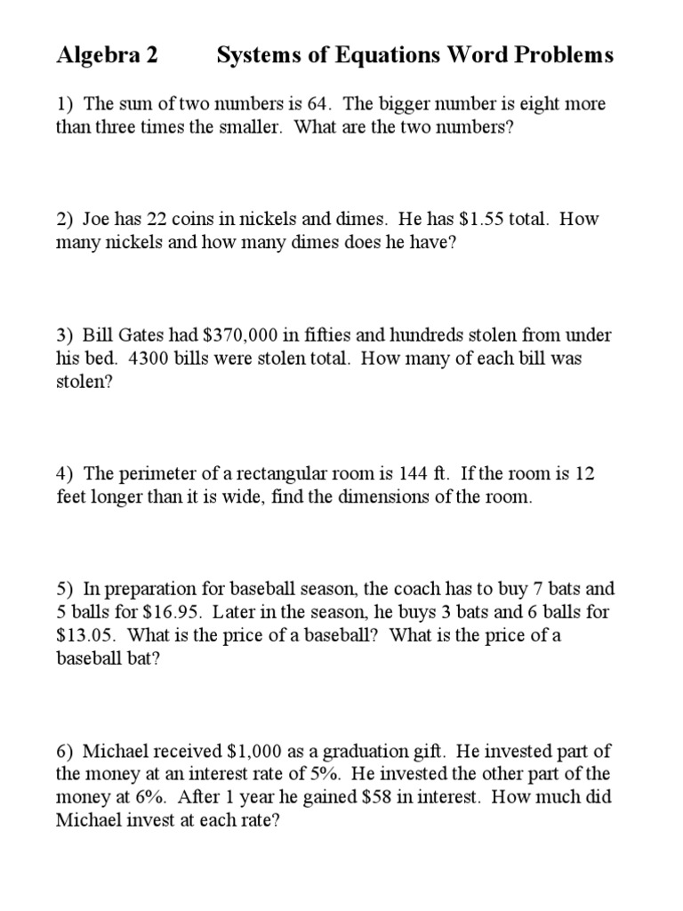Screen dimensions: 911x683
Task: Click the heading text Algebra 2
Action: (x=107, y=56)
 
